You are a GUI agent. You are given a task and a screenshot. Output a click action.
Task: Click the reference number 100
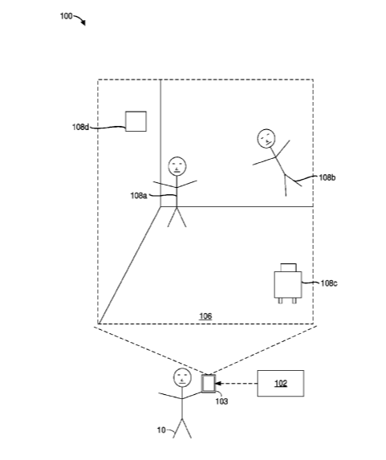(x=66, y=16)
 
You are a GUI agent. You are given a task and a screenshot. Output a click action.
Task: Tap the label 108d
(x=80, y=127)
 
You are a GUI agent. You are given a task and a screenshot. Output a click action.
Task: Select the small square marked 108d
(x=136, y=121)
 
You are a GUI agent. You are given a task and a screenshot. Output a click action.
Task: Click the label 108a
(x=139, y=195)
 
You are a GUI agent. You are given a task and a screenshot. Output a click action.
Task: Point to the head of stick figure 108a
(x=177, y=166)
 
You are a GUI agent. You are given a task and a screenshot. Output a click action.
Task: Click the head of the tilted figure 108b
(x=266, y=138)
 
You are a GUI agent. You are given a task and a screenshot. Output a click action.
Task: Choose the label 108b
(x=327, y=177)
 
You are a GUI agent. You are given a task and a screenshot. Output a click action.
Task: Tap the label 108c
(x=329, y=283)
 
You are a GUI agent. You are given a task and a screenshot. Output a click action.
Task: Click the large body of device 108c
(x=288, y=284)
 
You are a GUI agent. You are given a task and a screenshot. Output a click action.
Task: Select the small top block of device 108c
(x=288, y=267)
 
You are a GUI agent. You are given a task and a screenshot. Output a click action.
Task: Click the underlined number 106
(x=205, y=316)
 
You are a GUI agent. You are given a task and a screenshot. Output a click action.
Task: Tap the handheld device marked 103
(x=209, y=383)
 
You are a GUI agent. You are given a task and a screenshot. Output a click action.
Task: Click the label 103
(x=221, y=401)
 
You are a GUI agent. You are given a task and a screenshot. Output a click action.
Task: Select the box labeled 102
(x=280, y=383)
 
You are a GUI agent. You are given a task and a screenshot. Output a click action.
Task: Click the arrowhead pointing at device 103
(x=218, y=383)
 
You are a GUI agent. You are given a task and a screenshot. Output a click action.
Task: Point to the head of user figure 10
(x=182, y=377)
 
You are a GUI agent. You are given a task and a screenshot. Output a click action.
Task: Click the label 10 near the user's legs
(x=161, y=430)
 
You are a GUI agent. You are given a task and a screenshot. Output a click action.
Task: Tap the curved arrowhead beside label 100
(x=83, y=22)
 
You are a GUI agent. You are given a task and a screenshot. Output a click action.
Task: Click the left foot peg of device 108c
(x=280, y=301)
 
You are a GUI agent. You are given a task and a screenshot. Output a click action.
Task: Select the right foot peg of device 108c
(x=295, y=301)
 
